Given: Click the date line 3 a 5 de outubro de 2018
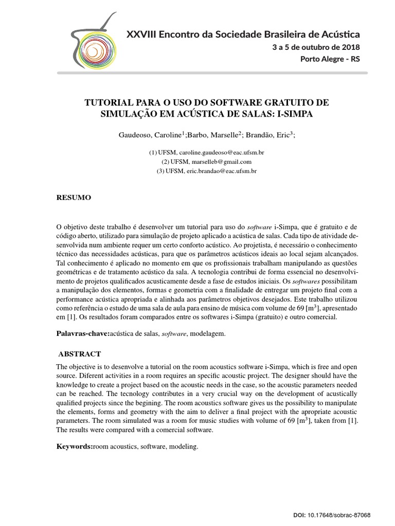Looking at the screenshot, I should [x=316, y=47].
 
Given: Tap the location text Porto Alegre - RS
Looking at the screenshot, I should [x=330, y=59].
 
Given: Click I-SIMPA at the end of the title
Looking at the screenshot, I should [x=295, y=114].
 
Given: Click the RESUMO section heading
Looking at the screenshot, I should [x=74, y=198].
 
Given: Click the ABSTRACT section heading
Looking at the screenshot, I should [x=79, y=354].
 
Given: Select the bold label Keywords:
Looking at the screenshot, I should [x=74, y=447].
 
